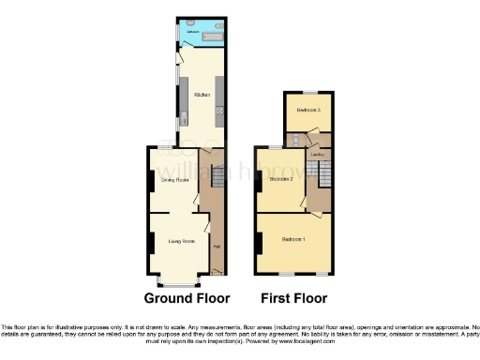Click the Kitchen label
pyautogui.click(x=201, y=95)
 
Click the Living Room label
pyautogui.click(x=181, y=242)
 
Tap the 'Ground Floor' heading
pyautogui.click(x=187, y=299)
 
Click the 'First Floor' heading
pyautogui.click(x=294, y=299)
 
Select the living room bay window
pyautogui.click(x=178, y=282)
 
